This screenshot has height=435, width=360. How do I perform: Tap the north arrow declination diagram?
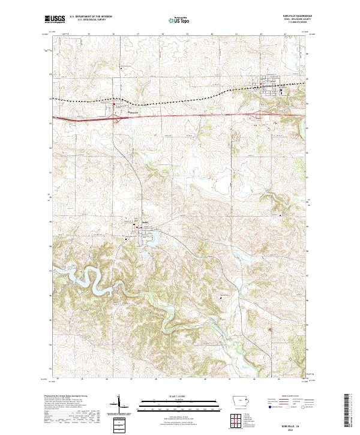tap(120, 403)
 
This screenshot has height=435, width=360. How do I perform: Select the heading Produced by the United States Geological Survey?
tap(67, 397)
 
